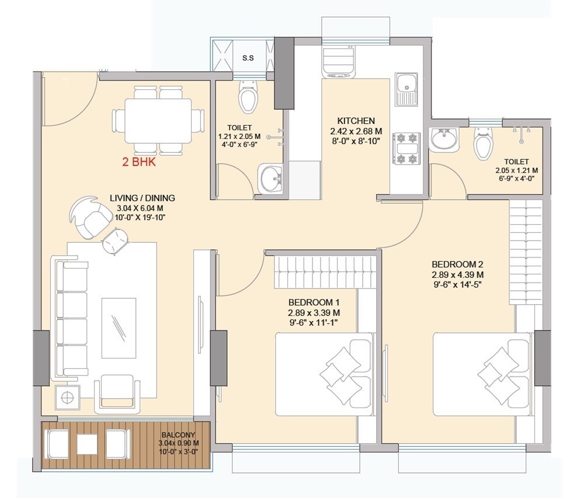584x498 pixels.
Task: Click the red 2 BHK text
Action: pyautogui.click(x=139, y=162)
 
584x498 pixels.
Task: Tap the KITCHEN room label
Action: pyautogui.click(x=356, y=121)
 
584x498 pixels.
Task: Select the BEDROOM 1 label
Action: pyautogui.click(x=314, y=302)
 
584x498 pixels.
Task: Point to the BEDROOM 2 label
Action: pyautogui.click(x=457, y=264)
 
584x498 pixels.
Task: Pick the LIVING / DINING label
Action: pyautogui.click(x=142, y=198)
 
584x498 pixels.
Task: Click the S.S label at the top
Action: pyautogui.click(x=248, y=58)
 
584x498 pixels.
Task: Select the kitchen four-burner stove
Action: pyautogui.click(x=406, y=148)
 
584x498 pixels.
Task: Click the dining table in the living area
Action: pyautogui.click(x=158, y=120)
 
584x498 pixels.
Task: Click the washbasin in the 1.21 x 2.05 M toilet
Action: pyautogui.click(x=270, y=179)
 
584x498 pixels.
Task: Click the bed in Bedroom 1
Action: pyautogui.click(x=324, y=374)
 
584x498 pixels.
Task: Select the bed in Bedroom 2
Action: pyautogui.click(x=482, y=374)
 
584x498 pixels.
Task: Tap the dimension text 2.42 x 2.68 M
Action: pyautogui.click(x=356, y=131)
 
